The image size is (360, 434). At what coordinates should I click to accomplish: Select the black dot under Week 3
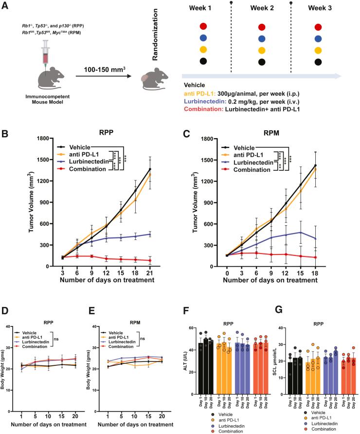(x=318, y=62)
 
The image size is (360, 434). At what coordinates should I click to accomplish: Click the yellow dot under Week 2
(x=262, y=50)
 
